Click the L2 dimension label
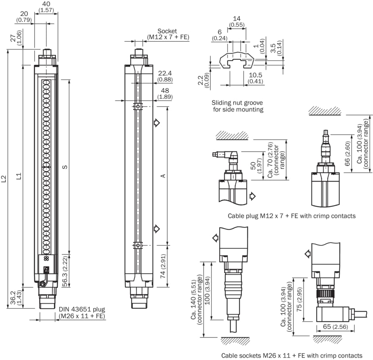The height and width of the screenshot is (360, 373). click(4, 179)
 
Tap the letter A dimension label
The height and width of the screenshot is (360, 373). click(163, 176)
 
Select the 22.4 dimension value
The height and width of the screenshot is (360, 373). click(165, 73)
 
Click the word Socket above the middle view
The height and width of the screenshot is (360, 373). click(167, 31)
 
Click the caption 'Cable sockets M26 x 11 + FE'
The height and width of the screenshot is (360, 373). click(292, 355)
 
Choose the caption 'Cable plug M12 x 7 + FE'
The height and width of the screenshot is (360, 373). click(292, 216)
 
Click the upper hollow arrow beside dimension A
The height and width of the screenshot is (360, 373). click(157, 123)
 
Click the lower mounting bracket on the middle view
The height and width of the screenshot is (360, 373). click(138, 245)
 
